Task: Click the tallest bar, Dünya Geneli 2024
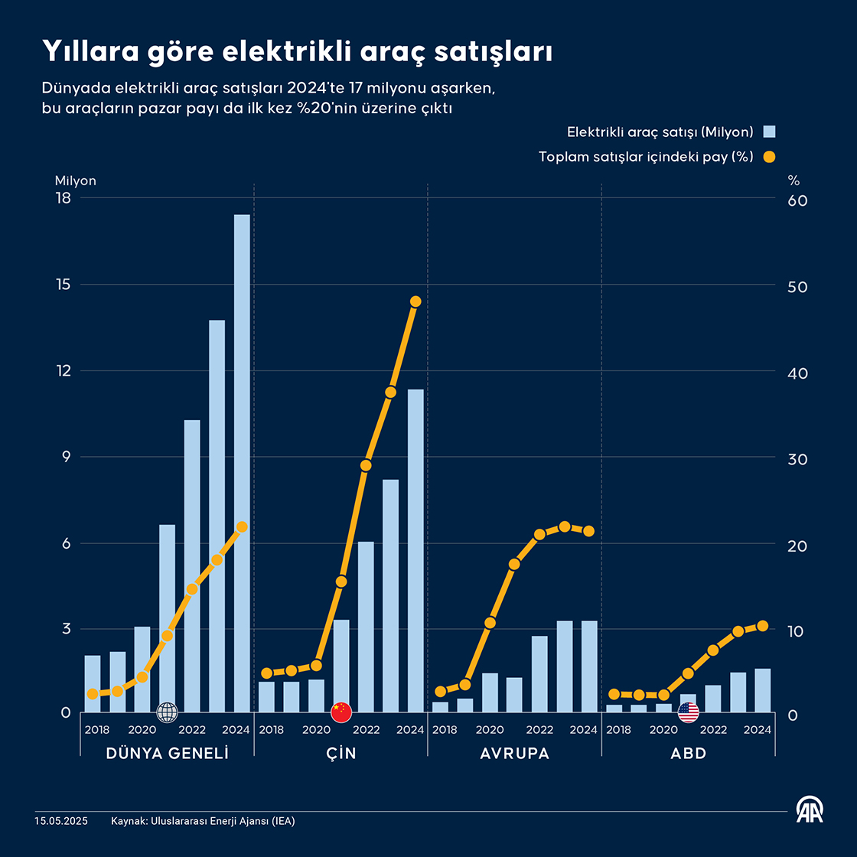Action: point(242,463)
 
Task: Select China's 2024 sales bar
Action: point(415,551)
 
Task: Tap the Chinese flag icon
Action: point(341,712)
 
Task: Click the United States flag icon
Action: point(689,712)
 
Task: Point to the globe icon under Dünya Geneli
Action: point(167,712)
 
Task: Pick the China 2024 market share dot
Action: point(415,301)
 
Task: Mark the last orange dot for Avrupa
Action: point(588,531)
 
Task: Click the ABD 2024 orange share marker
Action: point(762,626)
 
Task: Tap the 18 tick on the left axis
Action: point(63,199)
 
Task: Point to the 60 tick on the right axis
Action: point(797,200)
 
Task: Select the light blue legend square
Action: point(770,132)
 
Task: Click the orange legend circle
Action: point(770,157)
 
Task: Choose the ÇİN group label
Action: point(341,754)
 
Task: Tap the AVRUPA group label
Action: point(515,754)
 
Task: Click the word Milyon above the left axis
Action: point(76,181)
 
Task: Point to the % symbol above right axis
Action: point(793,181)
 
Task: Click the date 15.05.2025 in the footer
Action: point(61,821)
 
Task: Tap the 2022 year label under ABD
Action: point(714,730)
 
